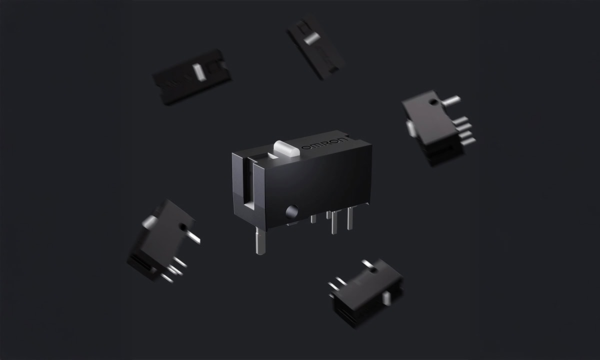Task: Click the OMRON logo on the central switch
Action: click(x=325, y=144)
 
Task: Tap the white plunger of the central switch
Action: click(x=286, y=148)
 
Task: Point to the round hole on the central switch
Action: click(x=291, y=211)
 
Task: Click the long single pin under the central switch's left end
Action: click(x=260, y=240)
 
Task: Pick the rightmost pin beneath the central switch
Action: click(x=350, y=218)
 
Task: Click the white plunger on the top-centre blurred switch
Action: click(x=312, y=39)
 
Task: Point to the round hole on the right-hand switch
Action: click(x=432, y=102)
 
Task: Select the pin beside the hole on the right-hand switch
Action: click(x=451, y=100)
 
